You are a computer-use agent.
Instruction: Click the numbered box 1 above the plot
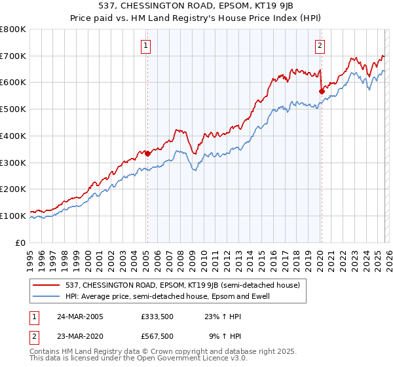pos(145,45)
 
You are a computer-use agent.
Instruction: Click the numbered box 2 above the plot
pos(320,45)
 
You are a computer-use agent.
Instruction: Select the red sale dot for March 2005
pos(148,154)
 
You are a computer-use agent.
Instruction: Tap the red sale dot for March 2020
pos(321,91)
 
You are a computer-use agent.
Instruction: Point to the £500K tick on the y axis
pos(13,109)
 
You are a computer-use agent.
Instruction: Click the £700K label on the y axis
pos(13,56)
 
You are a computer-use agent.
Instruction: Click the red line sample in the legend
pos(48,285)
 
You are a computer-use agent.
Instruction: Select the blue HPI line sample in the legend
pos(48,296)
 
